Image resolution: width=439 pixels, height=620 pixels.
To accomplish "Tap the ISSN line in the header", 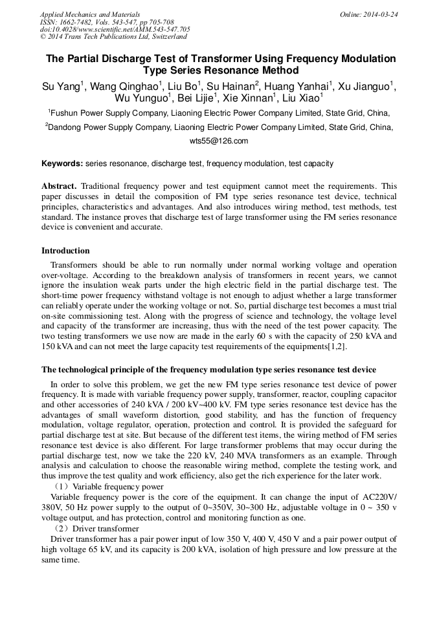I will (107, 22).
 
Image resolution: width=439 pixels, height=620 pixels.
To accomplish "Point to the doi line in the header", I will (115, 29).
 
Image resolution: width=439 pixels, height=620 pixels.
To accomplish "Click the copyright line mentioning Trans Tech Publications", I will (113, 37).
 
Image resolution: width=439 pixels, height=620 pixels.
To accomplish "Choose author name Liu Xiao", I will (302, 98).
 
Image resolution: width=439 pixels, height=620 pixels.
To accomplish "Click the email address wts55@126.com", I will (219, 140).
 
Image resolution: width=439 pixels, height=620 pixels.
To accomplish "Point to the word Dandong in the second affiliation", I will (67, 127).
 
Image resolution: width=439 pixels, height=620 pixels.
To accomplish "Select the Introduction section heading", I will (65, 251).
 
